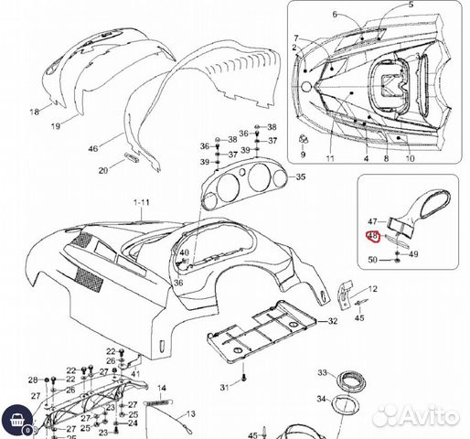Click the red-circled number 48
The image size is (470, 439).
tap(372, 236)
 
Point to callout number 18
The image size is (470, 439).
tap(35, 112)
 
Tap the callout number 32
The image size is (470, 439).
tap(333, 321)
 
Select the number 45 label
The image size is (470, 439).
tap(359, 318)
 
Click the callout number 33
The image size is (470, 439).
tap(323, 373)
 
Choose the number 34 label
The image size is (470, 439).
tap(323, 399)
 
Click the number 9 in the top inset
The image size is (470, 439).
tap(303, 155)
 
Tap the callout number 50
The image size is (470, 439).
tap(372, 261)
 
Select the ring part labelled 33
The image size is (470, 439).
tap(350, 380)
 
